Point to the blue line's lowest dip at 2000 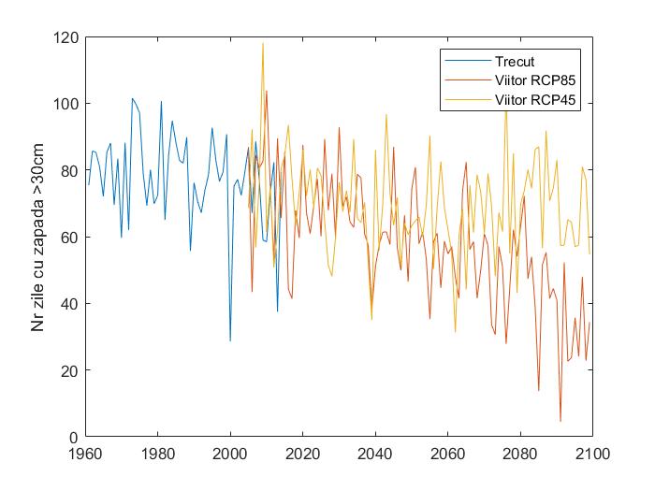[230, 340]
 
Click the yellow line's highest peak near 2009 [263, 43]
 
